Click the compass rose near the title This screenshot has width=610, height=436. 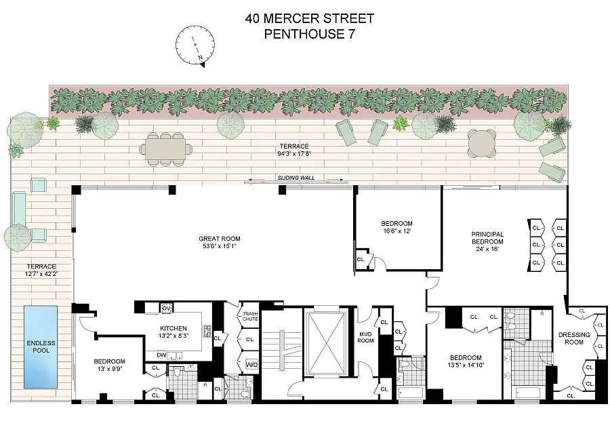click(x=195, y=45)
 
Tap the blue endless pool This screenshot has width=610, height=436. click(x=41, y=347)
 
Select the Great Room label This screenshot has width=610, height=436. click(x=220, y=239)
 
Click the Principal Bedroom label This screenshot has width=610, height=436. click(x=487, y=238)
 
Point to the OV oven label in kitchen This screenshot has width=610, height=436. click(x=166, y=309)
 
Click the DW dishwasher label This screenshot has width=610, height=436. click(x=161, y=355)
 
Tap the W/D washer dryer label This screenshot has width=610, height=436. click(x=251, y=365)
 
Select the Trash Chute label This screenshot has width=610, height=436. click(x=250, y=317)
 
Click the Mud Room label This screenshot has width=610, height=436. click(x=366, y=337)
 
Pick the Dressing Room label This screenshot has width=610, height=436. click(x=574, y=338)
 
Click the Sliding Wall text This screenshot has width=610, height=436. click(x=296, y=178)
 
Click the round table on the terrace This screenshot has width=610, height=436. click(x=482, y=144)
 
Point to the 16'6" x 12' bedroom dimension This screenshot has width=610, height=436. click(x=396, y=231)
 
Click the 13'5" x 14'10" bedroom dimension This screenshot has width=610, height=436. click(x=466, y=365)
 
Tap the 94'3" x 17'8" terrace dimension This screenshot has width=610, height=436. click(x=294, y=153)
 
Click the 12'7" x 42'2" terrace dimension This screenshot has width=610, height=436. click(x=41, y=274)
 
